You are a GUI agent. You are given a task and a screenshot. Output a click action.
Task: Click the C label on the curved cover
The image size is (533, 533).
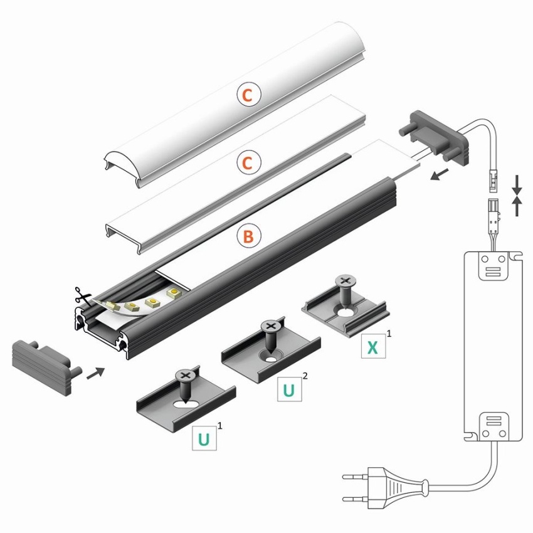point(249,95)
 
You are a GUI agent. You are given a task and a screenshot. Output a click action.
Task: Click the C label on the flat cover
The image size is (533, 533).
point(249,162)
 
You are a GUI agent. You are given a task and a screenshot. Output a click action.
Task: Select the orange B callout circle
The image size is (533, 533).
point(249,236)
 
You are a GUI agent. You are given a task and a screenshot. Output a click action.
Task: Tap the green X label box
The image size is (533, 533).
point(373,346)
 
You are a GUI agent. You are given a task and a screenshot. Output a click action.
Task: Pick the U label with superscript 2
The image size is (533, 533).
point(289,389)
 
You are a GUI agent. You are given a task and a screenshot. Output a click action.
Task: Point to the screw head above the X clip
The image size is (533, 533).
point(345,281)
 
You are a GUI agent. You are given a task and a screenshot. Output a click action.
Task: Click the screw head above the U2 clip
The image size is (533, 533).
point(271,326)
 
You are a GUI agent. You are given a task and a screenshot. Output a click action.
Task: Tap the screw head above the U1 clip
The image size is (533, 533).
point(185,376)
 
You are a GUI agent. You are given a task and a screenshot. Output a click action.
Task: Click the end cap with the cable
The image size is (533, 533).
point(435,136)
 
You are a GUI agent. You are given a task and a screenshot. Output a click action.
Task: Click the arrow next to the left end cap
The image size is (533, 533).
point(96,373)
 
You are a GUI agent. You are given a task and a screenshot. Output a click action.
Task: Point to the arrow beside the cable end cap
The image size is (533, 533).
point(439,175)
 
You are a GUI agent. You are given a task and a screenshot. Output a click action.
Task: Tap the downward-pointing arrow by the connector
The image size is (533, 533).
point(517,185)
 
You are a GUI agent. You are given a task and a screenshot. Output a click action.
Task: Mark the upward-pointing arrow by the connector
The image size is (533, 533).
point(517,206)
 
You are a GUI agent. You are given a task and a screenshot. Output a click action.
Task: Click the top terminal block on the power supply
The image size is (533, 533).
point(493,266)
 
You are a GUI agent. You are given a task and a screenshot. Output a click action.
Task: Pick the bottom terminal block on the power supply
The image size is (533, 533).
point(493,426)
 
